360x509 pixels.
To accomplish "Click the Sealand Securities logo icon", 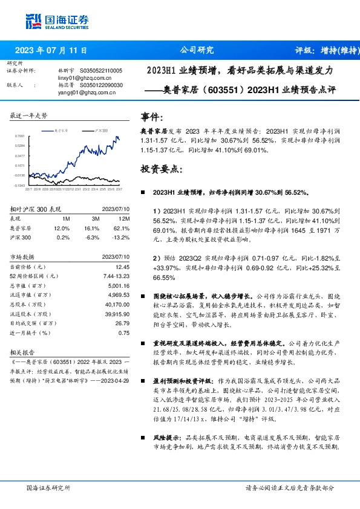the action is (33, 21).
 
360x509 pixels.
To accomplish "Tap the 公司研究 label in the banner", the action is (197, 51).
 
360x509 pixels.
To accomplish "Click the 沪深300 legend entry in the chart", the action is (99, 130).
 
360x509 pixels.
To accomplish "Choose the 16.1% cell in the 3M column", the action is (91, 228).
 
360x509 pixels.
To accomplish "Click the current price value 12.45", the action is (123, 267).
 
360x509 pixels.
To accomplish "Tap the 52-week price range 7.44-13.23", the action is (117, 276).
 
